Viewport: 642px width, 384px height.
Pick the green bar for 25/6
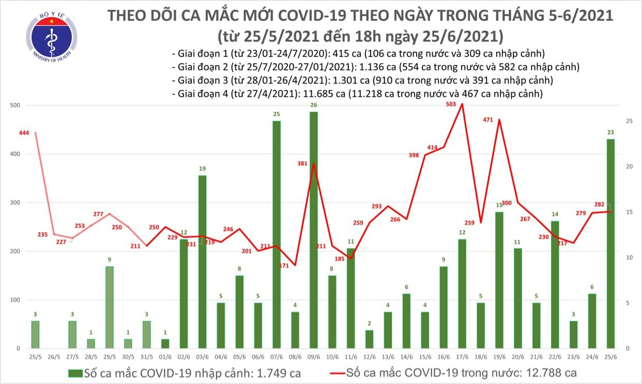[610, 243]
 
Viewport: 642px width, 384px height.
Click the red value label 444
[24, 132]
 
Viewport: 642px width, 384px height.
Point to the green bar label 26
[314, 106]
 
